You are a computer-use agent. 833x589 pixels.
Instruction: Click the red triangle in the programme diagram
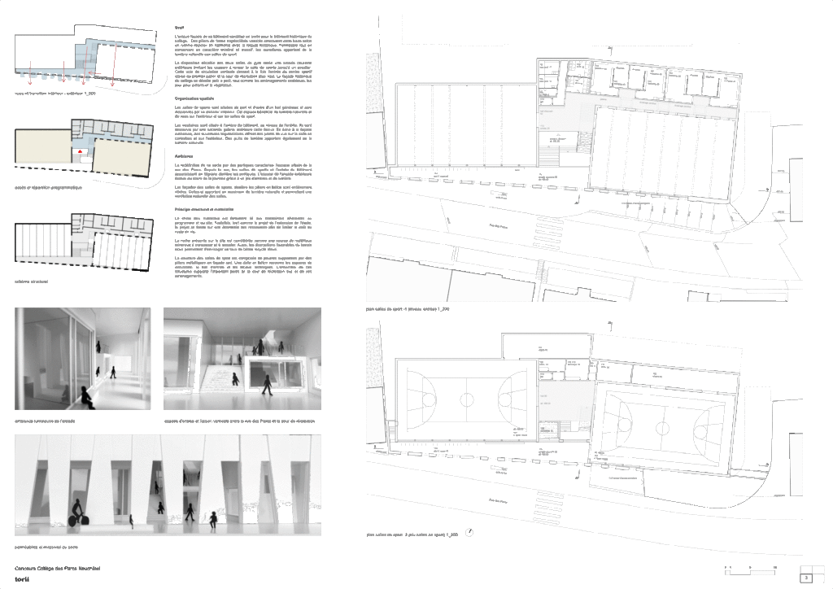click(80, 152)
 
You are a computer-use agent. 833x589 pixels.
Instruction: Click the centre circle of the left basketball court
click(467, 399)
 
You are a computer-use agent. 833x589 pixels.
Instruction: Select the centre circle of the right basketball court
click(664, 425)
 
